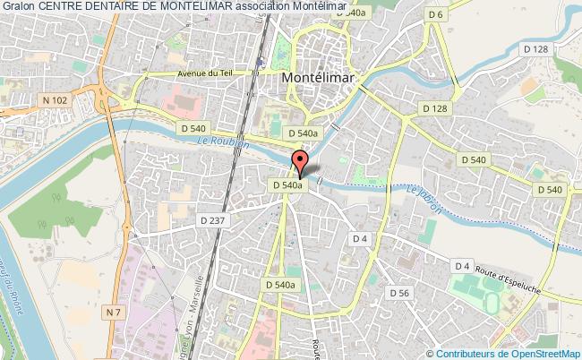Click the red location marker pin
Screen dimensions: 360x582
[300, 164]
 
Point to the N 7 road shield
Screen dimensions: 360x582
[113, 286]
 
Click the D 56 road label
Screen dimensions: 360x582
[399, 293]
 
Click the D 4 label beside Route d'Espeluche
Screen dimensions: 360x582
[462, 266]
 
